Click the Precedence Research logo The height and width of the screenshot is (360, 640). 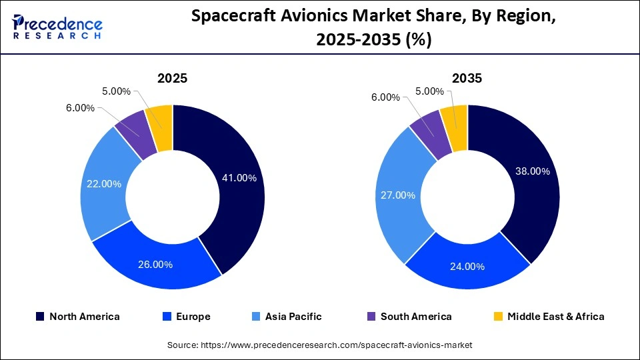57,27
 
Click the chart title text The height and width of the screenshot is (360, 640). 373,29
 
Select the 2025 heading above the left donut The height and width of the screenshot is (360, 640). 172,78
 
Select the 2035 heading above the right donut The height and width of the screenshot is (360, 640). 467,78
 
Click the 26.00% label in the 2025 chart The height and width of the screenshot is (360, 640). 155,265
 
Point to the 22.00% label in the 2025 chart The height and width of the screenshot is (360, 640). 103,184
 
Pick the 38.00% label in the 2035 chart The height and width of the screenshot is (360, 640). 532,171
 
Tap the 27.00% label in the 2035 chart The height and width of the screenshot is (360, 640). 397,195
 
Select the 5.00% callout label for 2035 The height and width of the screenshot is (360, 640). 429,91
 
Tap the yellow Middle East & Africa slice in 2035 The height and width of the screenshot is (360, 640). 455,119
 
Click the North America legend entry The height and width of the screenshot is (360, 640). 77,317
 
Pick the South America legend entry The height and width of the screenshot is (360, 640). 409,317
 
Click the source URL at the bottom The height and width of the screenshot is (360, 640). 320,345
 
